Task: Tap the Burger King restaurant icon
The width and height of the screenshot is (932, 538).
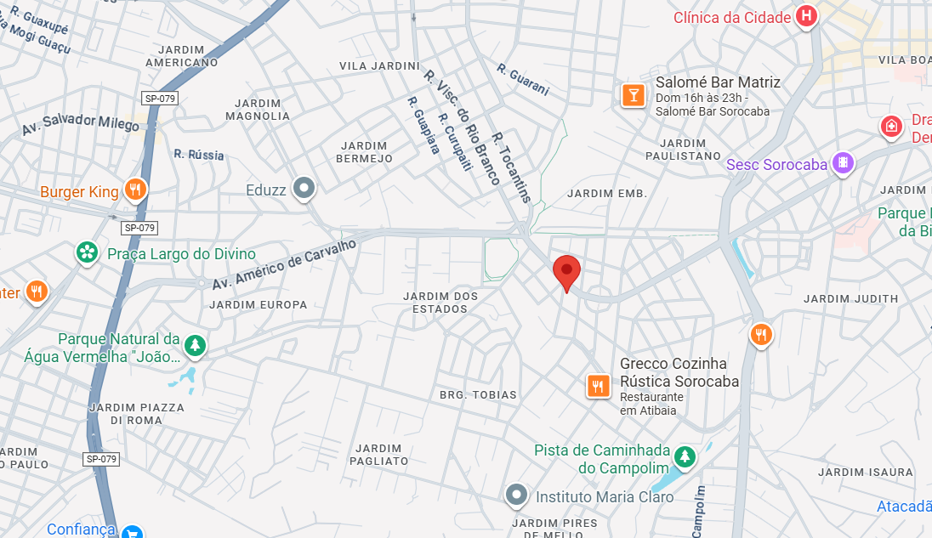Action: (134, 190)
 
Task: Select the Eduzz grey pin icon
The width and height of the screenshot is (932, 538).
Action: (304, 188)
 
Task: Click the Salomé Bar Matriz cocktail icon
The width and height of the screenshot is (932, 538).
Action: (632, 94)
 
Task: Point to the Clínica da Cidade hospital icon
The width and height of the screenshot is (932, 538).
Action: (806, 16)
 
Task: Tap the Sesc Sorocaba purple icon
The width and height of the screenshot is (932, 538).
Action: (842, 162)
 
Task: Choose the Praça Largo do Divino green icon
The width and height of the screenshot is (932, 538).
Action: (86, 252)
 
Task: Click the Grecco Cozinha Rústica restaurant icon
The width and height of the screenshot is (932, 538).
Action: (599, 387)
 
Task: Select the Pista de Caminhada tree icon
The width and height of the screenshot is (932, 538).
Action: (685, 456)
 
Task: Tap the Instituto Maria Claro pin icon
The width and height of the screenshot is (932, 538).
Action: (516, 495)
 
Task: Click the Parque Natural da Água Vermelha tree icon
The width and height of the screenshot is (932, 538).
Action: (196, 345)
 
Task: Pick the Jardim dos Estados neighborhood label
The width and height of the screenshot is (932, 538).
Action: (440, 303)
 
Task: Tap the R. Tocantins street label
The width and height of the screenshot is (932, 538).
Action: (511, 167)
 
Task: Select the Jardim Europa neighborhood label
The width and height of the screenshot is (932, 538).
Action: (259, 304)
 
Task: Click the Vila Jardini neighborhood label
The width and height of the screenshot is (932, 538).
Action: (379, 66)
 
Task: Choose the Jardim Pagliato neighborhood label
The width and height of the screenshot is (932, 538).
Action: (379, 455)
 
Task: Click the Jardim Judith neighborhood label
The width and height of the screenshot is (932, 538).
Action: (850, 298)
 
